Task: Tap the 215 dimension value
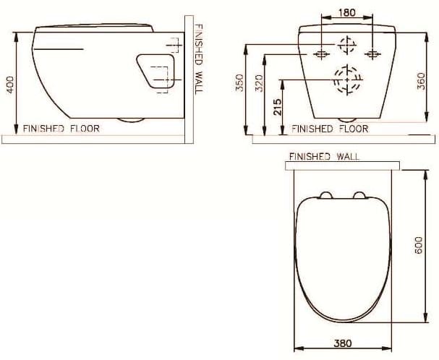coord(278,108)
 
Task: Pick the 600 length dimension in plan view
coord(418,247)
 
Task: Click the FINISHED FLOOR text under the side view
coord(61,129)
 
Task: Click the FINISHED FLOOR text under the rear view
coord(330,129)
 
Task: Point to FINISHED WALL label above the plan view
coord(324,156)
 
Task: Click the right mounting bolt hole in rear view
coord(372,54)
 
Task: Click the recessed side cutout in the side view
coord(158,71)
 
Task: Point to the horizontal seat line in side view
coord(59,49)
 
